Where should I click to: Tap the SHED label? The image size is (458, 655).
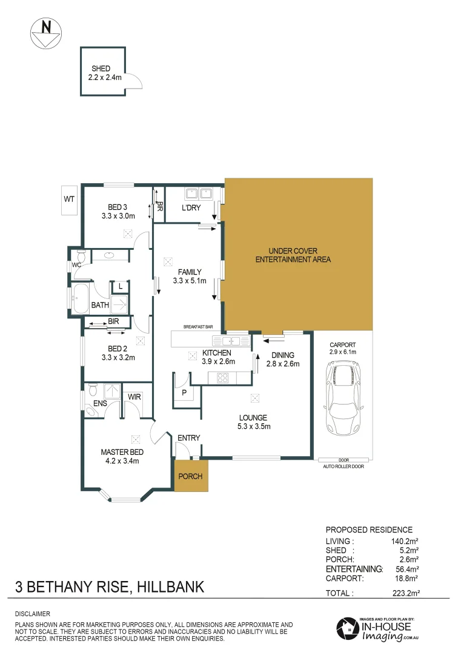tap(101, 69)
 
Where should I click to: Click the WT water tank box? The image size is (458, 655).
tap(68, 200)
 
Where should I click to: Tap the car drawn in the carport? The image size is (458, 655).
tap(343, 398)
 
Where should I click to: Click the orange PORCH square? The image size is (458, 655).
tap(190, 475)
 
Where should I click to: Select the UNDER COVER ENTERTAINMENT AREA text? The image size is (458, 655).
tap(294, 255)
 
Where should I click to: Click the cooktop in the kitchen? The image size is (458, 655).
tap(222, 378)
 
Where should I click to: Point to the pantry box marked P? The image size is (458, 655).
tap(184, 392)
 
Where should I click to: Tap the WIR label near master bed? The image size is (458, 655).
tap(134, 397)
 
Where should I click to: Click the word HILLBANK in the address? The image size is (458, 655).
tap(171, 587)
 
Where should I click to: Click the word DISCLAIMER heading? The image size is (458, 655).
tap(33, 614)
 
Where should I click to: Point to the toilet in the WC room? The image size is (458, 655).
tap(81, 256)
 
